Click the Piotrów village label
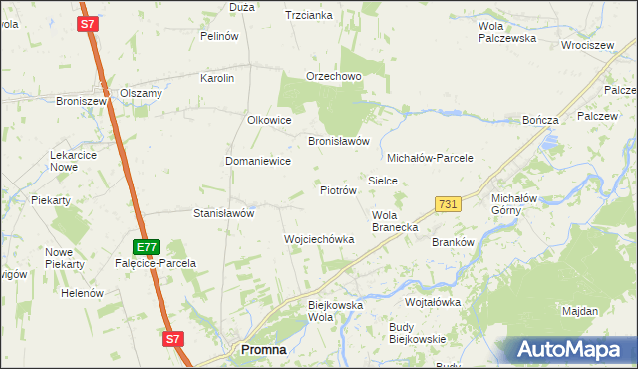[338, 190]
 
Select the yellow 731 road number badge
[448, 204]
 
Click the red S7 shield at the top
[88, 23]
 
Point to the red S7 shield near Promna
[173, 339]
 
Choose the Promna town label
[264, 350]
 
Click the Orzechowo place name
[333, 77]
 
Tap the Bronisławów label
[339, 141]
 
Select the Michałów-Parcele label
[429, 158]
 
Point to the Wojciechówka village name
[319, 239]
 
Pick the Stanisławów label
[224, 213]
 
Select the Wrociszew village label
[587, 46]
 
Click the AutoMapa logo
[570, 350]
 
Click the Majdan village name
[580, 311]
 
